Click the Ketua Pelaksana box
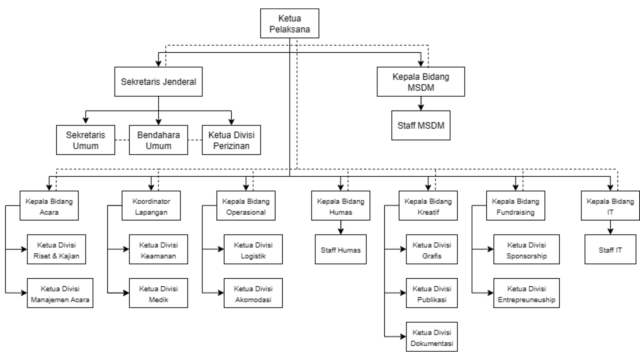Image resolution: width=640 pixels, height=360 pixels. (x=289, y=23)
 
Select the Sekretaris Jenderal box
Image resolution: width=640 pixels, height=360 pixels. (x=158, y=82)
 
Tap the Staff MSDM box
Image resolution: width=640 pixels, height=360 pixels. (x=421, y=125)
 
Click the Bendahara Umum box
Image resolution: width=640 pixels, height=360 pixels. (x=158, y=140)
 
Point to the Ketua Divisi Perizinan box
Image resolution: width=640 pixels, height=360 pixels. (x=231, y=140)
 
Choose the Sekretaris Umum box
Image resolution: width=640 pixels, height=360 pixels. (x=85, y=140)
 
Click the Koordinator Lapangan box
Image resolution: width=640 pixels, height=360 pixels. (x=151, y=206)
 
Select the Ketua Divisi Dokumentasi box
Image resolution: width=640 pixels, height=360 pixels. (x=432, y=337)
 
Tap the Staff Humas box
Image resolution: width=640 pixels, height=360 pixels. (x=341, y=249)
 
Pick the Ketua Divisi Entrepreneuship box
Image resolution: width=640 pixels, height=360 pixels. (x=526, y=293)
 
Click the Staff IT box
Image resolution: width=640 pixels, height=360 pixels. (x=610, y=249)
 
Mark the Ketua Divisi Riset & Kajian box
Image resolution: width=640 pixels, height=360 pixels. (x=56, y=249)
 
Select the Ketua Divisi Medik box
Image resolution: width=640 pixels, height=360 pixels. (x=158, y=293)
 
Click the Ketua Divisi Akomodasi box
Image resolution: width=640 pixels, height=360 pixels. (x=253, y=293)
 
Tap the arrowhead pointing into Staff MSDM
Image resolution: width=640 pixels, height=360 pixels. (x=421, y=108)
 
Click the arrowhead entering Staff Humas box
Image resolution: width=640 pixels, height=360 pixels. (x=341, y=232)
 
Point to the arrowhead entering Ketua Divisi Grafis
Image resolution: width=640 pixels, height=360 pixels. (x=403, y=249)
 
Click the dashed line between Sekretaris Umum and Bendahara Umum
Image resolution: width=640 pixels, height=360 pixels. (x=122, y=140)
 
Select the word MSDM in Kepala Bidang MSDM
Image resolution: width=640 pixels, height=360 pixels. (x=421, y=88)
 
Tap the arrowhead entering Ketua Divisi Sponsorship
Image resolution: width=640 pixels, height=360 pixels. (x=491, y=249)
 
